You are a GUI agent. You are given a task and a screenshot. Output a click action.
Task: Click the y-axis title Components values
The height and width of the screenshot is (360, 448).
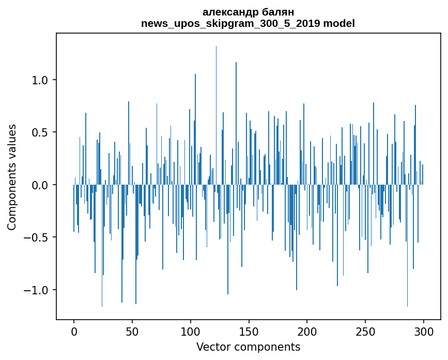click(x=12, y=177)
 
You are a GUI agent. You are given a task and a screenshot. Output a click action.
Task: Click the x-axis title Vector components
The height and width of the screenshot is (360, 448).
click(x=248, y=347)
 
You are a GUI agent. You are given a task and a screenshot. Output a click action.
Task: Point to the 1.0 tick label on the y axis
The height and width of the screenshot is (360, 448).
click(x=40, y=80)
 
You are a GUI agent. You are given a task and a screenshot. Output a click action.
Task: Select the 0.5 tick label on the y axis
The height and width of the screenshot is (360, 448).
click(x=40, y=132)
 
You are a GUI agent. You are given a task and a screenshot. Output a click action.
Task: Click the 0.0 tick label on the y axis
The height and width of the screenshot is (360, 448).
click(x=40, y=185)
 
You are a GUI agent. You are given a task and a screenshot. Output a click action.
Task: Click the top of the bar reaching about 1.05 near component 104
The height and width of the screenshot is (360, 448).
click(x=195, y=76)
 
